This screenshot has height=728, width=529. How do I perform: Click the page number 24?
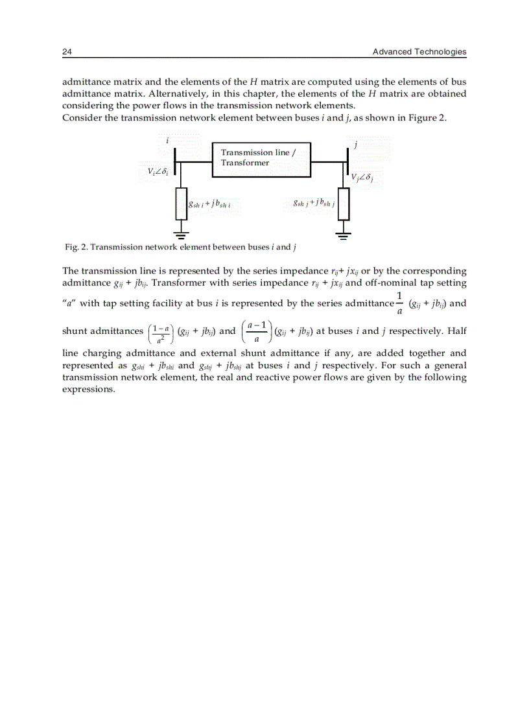tap(66, 52)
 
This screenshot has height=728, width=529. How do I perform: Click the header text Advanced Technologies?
tap(419, 52)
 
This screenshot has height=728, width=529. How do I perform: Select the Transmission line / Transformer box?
tap(261, 159)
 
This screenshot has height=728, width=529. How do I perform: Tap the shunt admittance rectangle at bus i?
tap(182, 204)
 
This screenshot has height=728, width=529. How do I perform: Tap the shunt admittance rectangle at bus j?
tap(344, 204)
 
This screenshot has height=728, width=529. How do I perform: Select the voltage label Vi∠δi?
tap(158, 172)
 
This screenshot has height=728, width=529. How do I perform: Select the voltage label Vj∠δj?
tap(362, 178)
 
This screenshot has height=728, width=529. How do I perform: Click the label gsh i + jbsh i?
tap(209, 204)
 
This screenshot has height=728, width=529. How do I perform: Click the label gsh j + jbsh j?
tap(313, 203)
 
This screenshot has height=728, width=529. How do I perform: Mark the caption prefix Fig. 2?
tap(76, 247)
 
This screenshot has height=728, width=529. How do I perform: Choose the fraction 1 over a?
tap(399, 303)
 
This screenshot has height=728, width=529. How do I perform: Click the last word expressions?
tap(88, 390)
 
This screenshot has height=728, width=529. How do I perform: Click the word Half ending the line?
tap(456, 331)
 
